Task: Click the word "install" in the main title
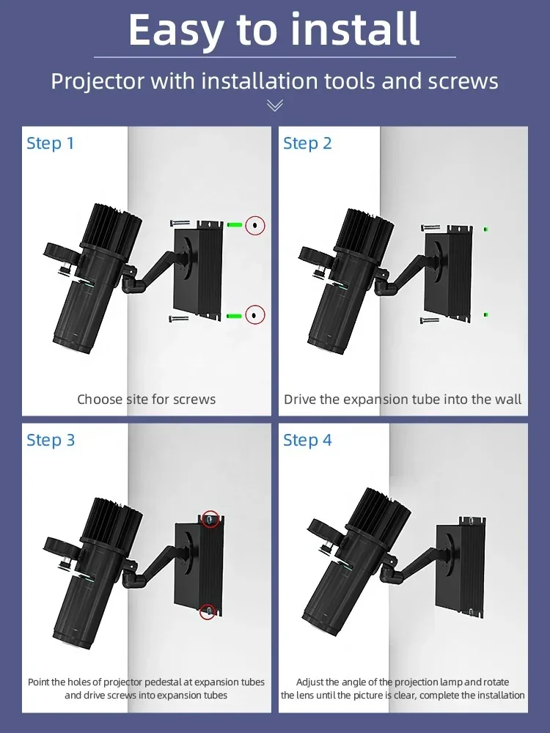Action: pos(355,29)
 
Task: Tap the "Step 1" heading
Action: pos(51,143)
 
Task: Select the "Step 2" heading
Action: pos(307,143)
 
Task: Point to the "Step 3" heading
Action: pos(51,440)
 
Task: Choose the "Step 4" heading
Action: pos(307,440)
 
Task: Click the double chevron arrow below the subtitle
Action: pos(274,106)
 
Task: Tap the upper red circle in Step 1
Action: pos(255,226)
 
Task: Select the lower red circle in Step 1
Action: pos(254,314)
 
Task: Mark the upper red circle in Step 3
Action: pos(210,519)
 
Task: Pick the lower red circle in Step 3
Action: pos(208,611)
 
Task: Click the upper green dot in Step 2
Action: pos(486,229)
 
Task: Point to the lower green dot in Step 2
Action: pos(486,314)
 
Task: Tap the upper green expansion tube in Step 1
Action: pos(235,225)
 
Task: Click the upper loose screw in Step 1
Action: pos(180,224)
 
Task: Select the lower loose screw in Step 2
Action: pos(430,320)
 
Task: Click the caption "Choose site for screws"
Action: pos(147,399)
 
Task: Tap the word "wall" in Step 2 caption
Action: pos(509,399)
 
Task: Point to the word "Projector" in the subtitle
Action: pos(98,81)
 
